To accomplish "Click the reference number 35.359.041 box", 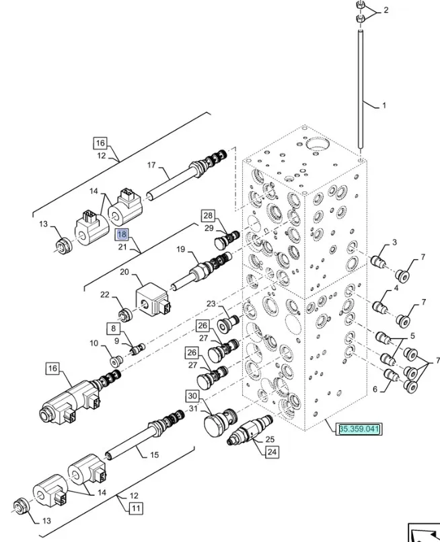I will tap(360, 428).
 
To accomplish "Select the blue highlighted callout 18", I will tap(122, 235).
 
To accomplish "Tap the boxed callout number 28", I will tap(207, 215).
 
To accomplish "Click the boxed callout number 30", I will tap(192, 396).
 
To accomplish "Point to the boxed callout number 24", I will tap(271, 452).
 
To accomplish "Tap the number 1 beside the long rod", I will tap(384, 106).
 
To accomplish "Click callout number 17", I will tap(151, 165).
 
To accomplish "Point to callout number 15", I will tap(154, 455).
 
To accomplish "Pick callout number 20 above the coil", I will tap(124, 273).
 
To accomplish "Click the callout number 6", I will tap(375, 388).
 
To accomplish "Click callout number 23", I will tap(211, 304).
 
